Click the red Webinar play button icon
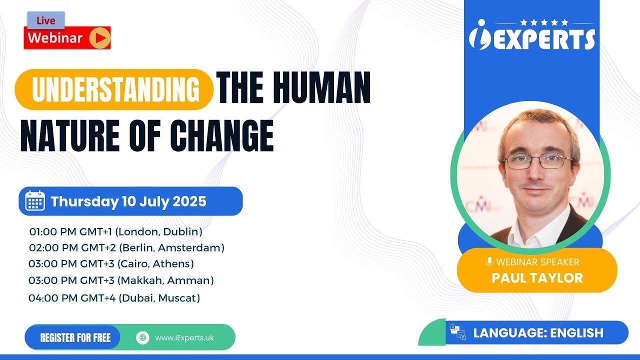tap(99, 38)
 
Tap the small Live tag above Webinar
tap(49, 20)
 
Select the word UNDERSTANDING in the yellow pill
tap(115, 90)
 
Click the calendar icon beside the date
tap(35, 201)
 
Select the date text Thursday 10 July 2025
tap(128, 201)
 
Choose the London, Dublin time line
tap(115, 231)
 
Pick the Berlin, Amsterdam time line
tap(126, 247)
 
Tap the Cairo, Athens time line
tap(111, 263)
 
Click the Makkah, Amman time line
tap(121, 280)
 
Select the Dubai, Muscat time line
tap(114, 298)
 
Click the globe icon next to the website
tap(143, 337)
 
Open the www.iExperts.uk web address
tap(184, 337)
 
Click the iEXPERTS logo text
tap(532, 38)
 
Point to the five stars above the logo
tap(544, 22)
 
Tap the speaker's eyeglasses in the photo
tap(538, 161)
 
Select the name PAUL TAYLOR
tap(537, 278)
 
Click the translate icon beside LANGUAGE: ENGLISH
tap(457, 332)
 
